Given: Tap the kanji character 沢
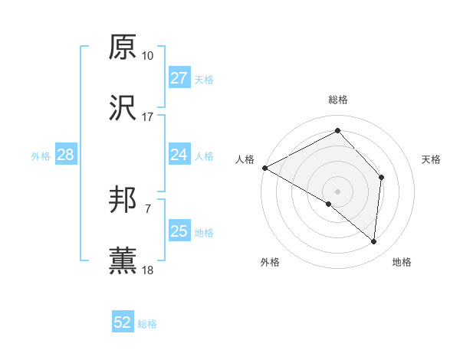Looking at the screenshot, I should (x=123, y=108).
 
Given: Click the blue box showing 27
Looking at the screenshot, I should (x=179, y=78).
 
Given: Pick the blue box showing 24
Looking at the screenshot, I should (x=179, y=155).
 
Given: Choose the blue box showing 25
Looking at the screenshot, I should (x=179, y=231).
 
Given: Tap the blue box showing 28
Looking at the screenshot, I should (x=65, y=155).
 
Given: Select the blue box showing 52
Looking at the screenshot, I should (x=123, y=322).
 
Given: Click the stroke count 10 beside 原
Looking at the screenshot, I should (x=148, y=56).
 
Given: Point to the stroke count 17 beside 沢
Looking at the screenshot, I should (x=148, y=117).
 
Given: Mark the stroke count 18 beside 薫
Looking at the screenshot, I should (x=148, y=270).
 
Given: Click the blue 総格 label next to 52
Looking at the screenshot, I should (x=148, y=324).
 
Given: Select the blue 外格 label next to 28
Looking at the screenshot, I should (x=41, y=156).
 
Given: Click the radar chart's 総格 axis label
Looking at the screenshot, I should (x=338, y=100).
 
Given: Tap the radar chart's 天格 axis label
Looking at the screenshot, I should (x=432, y=159).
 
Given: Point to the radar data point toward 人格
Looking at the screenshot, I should (x=264, y=167).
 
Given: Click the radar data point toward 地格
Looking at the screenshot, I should (x=373, y=241).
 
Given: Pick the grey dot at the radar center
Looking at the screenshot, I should (x=338, y=191).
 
